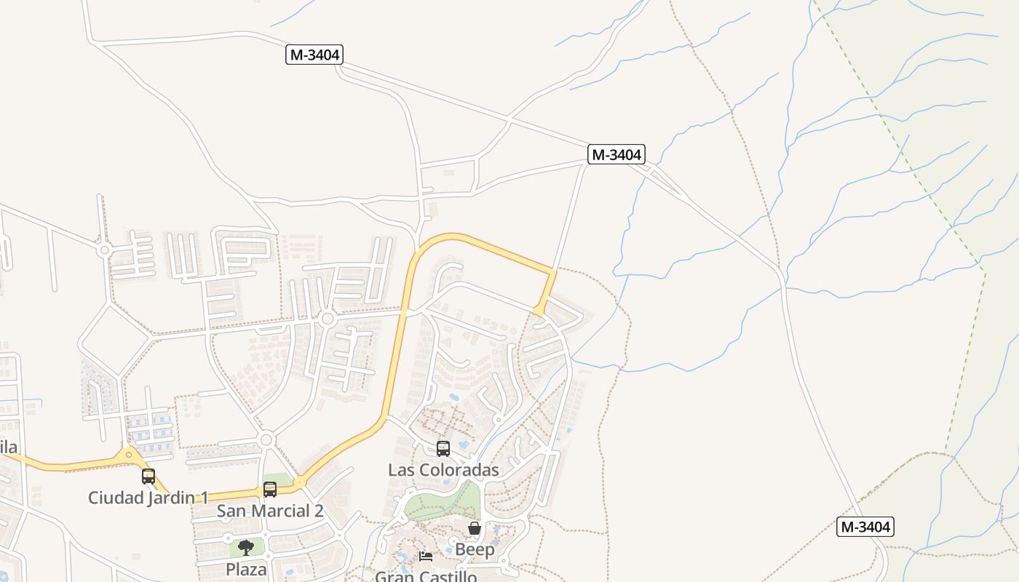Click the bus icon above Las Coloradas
pyautogui.click(x=443, y=449)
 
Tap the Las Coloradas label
pyautogui.click(x=443, y=470)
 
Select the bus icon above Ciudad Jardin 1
pyautogui.click(x=148, y=477)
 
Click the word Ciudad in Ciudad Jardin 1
pyautogui.click(x=111, y=498)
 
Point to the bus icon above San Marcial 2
pyautogui.click(x=270, y=490)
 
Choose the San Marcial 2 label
pyautogui.click(x=269, y=511)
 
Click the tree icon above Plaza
pyautogui.click(x=246, y=547)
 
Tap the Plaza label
pyautogui.click(x=246, y=569)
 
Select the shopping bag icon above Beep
pyautogui.click(x=475, y=528)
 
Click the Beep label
pyautogui.click(x=475, y=549)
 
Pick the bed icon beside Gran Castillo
pyautogui.click(x=426, y=557)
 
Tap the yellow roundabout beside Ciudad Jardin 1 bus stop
pyautogui.click(x=130, y=455)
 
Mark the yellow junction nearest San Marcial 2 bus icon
pyautogui.click(x=300, y=482)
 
